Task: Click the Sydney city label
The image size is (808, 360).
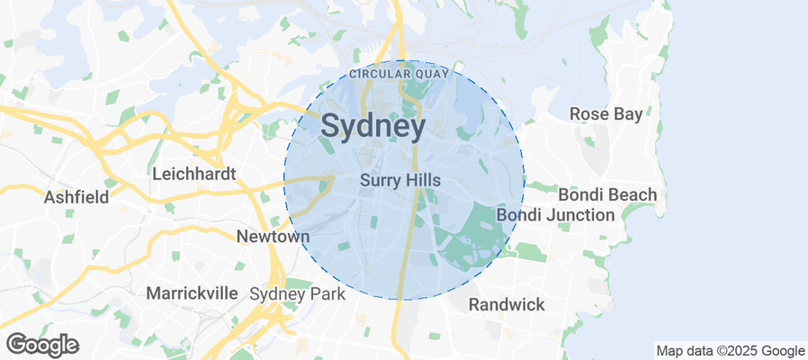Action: tap(373, 127)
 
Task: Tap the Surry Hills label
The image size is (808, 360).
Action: tap(400, 180)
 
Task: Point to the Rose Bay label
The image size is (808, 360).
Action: tap(606, 114)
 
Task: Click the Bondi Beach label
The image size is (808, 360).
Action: tap(607, 194)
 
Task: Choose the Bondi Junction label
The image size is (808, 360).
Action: tap(555, 215)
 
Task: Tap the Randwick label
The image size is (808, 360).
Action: tap(507, 304)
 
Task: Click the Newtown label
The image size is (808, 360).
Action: tap(273, 237)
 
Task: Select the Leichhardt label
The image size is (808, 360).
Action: tap(194, 174)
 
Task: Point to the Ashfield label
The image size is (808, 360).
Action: tap(76, 196)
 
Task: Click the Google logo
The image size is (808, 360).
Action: tap(42, 344)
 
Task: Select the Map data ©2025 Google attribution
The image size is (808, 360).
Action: tap(730, 351)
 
